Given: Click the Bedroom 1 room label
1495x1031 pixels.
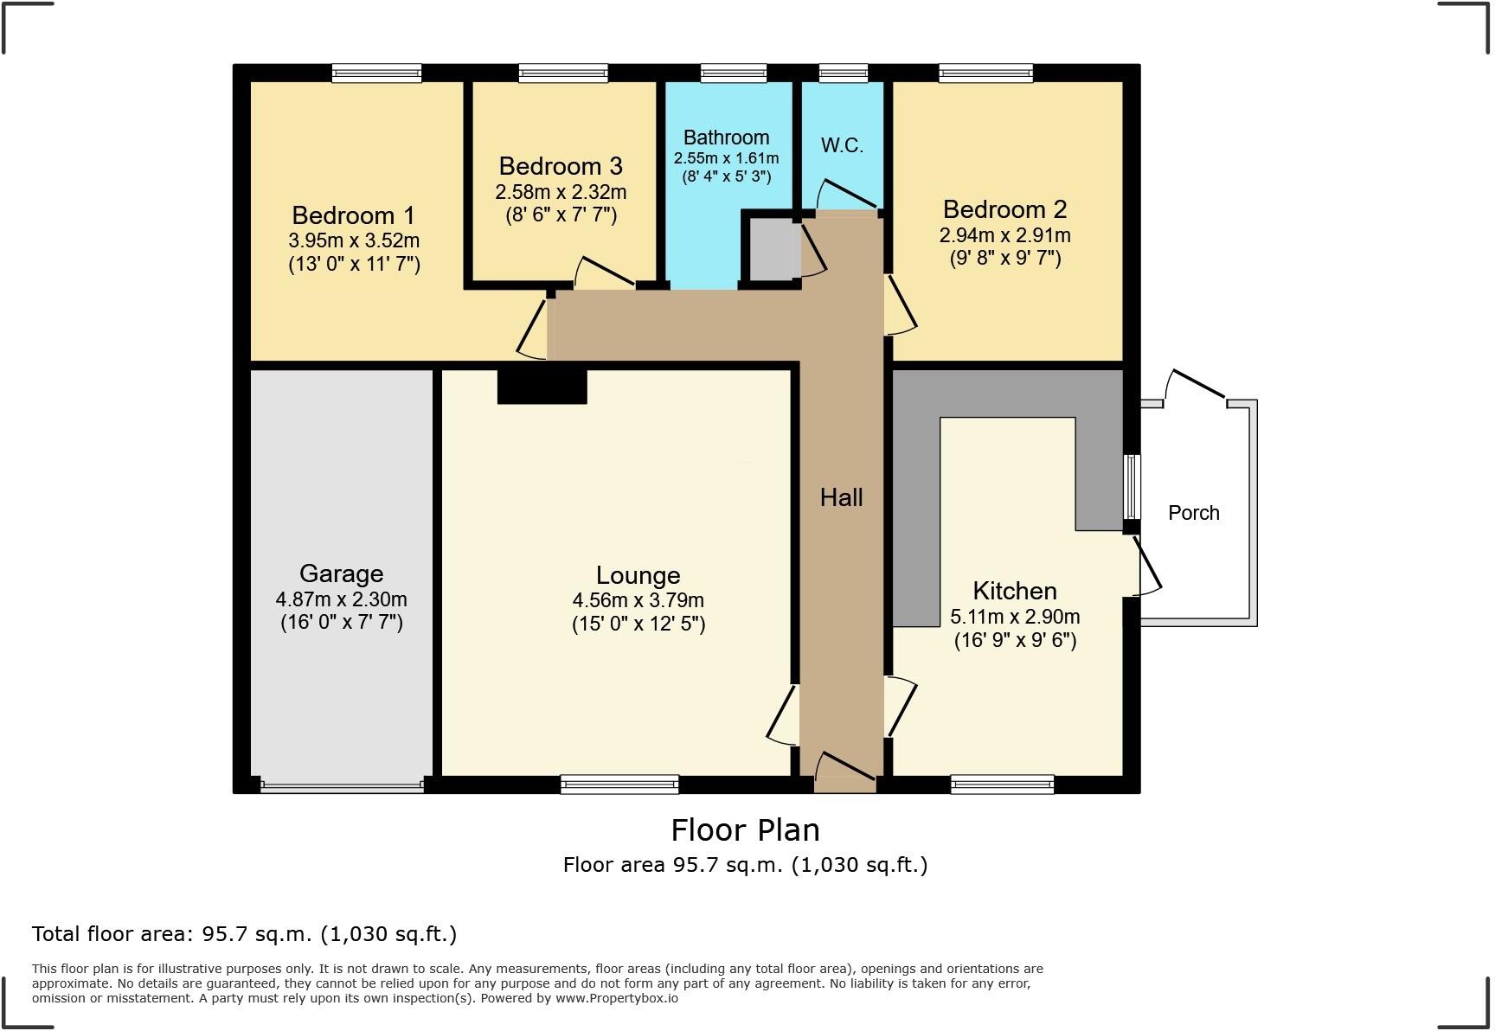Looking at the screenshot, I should click(x=353, y=215).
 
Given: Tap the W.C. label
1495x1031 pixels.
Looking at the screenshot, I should click(x=842, y=145).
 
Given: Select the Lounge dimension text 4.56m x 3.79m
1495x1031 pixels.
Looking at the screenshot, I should click(x=638, y=600).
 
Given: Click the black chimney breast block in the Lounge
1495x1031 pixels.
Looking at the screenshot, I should click(x=542, y=386).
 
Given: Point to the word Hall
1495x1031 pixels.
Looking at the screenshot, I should click(x=841, y=497).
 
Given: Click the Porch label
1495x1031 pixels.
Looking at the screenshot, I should click(x=1193, y=513).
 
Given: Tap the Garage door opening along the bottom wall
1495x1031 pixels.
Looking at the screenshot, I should click(x=342, y=786).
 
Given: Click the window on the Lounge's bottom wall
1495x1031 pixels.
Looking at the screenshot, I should click(x=619, y=784).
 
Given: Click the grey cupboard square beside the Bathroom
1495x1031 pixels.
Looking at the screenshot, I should click(x=771, y=249).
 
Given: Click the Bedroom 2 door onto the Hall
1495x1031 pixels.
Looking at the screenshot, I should click(x=901, y=304).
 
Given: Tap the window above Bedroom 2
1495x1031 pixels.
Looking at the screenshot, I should click(x=985, y=74).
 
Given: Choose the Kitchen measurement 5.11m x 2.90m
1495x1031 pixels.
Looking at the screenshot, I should click(x=1015, y=617).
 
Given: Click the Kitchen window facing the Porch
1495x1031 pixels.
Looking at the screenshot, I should click(x=1132, y=486).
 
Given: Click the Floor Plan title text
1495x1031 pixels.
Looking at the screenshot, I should click(x=745, y=830).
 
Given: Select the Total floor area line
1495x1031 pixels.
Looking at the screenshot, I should click(x=244, y=934).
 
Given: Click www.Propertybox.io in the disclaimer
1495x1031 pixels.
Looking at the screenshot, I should click(x=616, y=998).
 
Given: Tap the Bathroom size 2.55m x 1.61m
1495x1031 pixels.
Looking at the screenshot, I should click(x=726, y=158).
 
